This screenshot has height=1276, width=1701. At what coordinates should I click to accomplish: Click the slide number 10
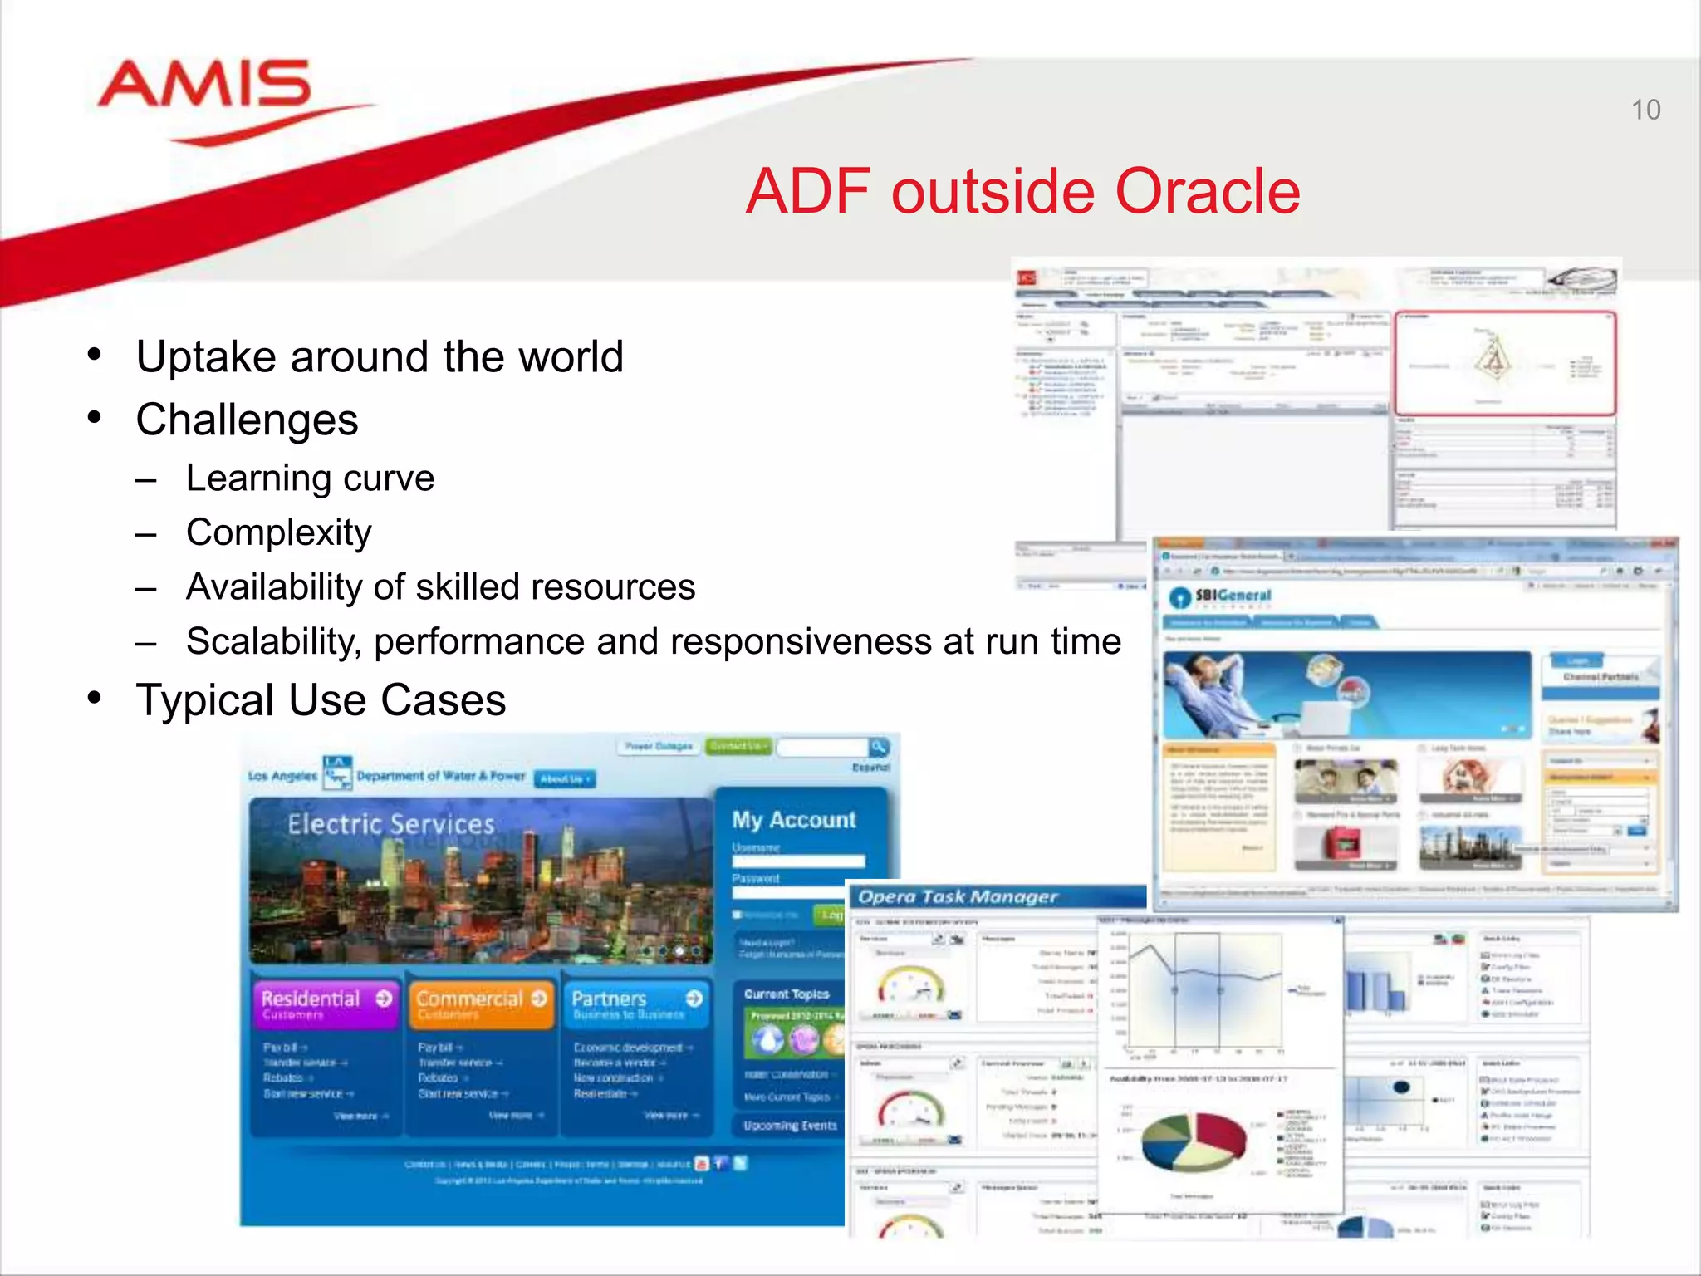[x=1645, y=110]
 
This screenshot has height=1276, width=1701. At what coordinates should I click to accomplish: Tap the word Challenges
[x=247, y=420]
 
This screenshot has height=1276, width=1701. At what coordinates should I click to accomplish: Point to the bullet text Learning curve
[x=310, y=478]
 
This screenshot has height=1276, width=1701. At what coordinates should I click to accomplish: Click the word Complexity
[x=278, y=532]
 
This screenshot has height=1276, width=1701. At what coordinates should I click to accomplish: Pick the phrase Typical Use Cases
[x=321, y=700]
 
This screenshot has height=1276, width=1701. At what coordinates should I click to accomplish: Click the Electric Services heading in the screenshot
[x=390, y=824]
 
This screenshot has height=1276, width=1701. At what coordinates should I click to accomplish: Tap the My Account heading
[x=793, y=820]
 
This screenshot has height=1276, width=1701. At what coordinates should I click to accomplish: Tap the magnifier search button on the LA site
[x=878, y=746]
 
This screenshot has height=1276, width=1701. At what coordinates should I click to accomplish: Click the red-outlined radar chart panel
[x=1504, y=363]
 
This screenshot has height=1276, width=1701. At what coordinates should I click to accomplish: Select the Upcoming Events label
[x=789, y=1126]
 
